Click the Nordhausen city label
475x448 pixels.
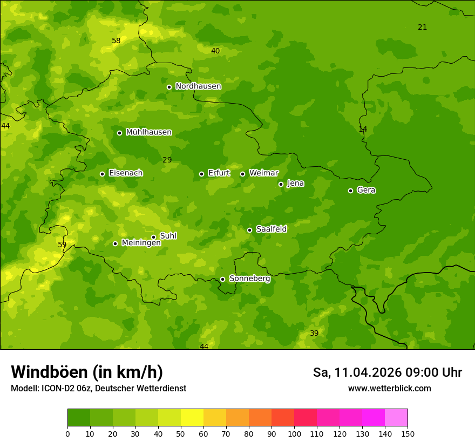(198, 86)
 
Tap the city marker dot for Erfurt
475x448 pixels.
(201, 174)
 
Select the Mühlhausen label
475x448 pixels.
(148, 132)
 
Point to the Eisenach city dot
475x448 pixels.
(102, 174)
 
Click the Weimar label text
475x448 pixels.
(263, 173)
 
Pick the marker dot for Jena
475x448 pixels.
(281, 184)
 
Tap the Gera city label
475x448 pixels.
(366, 190)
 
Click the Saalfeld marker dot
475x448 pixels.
(249, 230)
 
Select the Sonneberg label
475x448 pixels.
(249, 279)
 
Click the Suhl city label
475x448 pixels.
(168, 236)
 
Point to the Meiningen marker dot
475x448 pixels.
(115, 243)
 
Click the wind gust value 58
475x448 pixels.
(116, 40)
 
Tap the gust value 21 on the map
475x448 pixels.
(422, 27)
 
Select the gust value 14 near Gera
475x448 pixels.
(363, 129)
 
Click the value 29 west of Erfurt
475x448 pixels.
(167, 160)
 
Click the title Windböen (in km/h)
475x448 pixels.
(86, 372)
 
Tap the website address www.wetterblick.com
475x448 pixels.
(389, 388)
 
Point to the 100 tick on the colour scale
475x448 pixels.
(294, 433)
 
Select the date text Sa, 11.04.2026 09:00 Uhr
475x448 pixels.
(387, 372)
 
